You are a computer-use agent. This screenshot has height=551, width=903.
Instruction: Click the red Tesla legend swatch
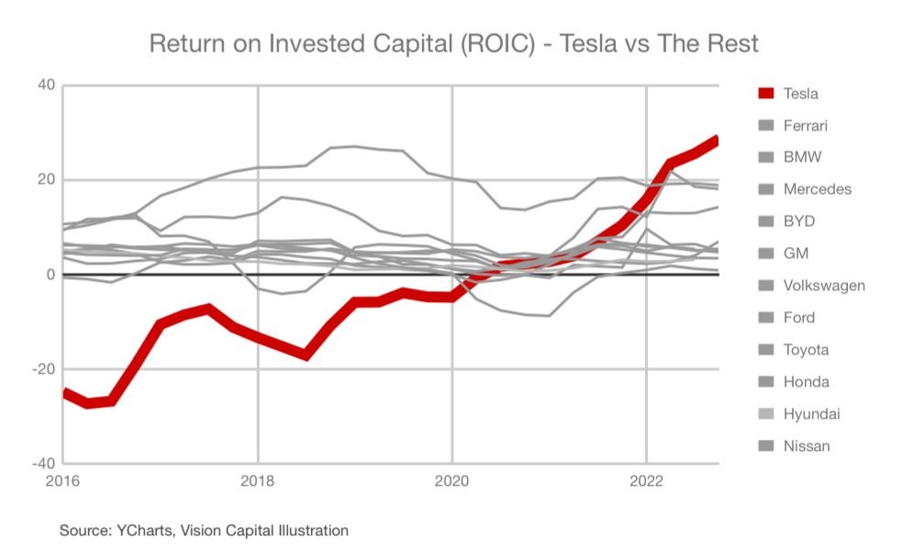[x=766, y=94]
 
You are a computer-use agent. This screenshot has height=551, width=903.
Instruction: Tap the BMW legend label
[x=802, y=158]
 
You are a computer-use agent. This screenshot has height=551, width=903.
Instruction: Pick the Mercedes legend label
[x=817, y=190]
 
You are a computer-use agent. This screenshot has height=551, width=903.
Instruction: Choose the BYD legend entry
[x=799, y=221]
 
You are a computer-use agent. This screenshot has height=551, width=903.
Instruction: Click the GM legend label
[x=796, y=253]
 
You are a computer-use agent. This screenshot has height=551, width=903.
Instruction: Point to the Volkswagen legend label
[x=824, y=286]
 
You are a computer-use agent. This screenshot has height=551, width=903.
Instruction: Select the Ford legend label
[x=799, y=318]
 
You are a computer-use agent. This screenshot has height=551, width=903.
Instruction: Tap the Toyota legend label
[x=806, y=350]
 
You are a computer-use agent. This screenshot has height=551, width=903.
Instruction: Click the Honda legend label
[x=806, y=382]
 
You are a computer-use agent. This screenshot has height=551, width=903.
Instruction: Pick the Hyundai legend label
[x=811, y=414]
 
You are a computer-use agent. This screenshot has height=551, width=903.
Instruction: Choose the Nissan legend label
[x=807, y=446]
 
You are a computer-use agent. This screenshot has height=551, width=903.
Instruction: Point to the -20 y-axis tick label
[x=42, y=368]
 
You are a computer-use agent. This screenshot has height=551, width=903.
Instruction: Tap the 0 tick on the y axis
[x=50, y=274]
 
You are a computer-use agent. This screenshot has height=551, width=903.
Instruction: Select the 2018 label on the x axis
[x=258, y=480]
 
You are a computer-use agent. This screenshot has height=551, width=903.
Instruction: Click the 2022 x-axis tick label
[x=646, y=480]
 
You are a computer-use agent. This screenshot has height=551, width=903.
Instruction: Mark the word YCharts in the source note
[x=142, y=530]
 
